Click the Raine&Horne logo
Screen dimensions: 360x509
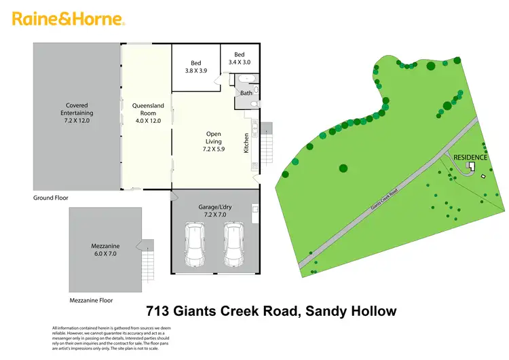click(x=68, y=19)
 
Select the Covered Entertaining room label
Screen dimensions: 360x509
click(x=77, y=113)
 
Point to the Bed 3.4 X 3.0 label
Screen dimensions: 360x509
click(x=239, y=58)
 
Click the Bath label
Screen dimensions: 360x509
click(x=246, y=93)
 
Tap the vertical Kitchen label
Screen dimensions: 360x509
click(x=246, y=143)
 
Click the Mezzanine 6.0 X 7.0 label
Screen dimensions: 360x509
click(x=105, y=249)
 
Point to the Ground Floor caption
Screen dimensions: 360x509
click(x=51, y=198)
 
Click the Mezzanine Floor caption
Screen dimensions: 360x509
click(x=91, y=300)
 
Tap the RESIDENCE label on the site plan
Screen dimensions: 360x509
click(x=470, y=157)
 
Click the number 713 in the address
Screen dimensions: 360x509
click(x=159, y=312)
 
